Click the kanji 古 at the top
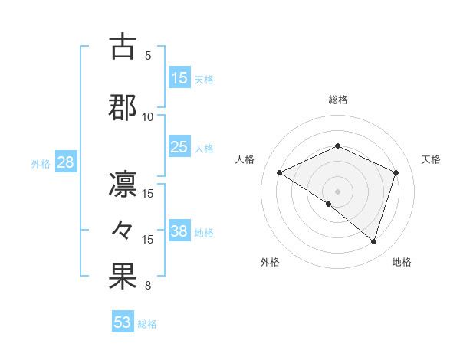(123, 47)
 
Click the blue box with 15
(179, 78)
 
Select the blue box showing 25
(179, 147)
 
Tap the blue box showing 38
(179, 231)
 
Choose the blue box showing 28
(64, 162)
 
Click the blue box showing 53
(123, 322)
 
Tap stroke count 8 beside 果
(148, 286)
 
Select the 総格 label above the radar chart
(337, 100)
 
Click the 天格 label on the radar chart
(431, 159)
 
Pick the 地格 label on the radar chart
(402, 262)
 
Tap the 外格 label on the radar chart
(270, 262)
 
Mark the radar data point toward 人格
(280, 173)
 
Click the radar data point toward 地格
(374, 242)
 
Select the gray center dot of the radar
(337, 191)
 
